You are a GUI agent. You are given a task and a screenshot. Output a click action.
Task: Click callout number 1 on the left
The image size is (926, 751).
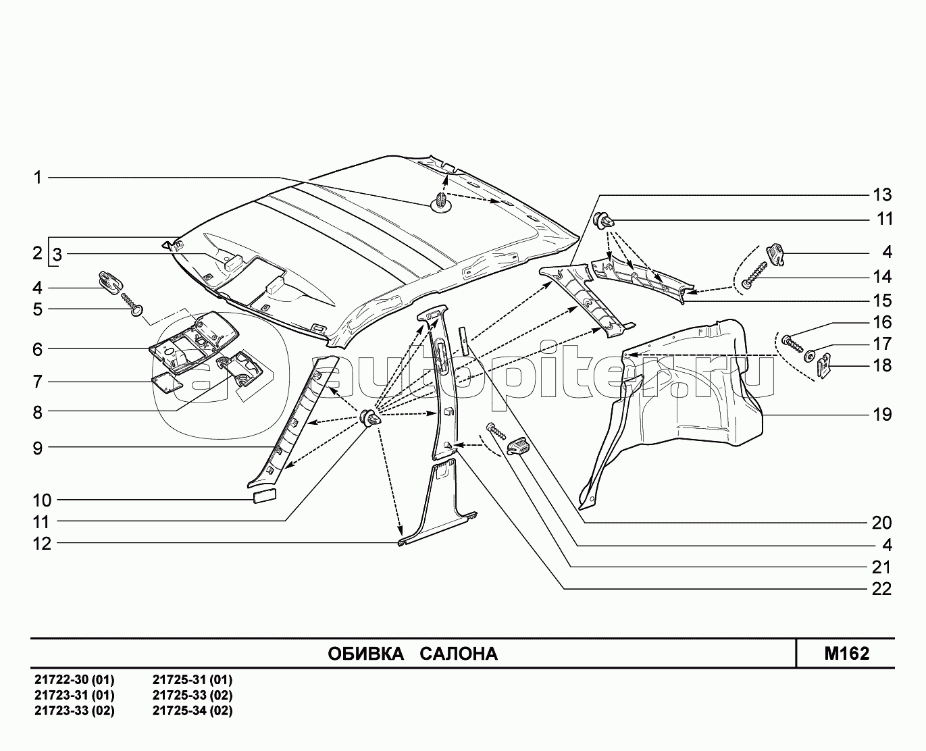[x=38, y=178]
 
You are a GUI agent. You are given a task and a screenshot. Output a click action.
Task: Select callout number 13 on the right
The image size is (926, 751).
[x=882, y=195]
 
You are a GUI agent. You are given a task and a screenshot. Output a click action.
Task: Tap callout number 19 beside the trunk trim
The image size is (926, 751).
[x=882, y=414]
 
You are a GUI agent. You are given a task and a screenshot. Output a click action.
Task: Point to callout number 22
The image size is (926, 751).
[x=882, y=589]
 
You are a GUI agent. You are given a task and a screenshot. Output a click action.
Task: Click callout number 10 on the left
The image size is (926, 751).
[x=42, y=500]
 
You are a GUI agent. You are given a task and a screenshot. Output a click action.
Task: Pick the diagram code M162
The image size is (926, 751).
[x=846, y=654]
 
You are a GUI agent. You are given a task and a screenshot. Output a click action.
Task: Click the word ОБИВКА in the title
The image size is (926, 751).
[x=365, y=654]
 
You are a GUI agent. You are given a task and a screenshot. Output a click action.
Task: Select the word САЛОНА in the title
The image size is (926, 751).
[x=459, y=654]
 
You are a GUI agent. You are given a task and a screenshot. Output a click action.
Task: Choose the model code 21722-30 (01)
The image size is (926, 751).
[x=74, y=679]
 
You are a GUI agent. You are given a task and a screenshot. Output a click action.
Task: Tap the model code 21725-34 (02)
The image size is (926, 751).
[x=192, y=710]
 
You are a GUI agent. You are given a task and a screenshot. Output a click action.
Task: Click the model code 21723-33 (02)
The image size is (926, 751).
[x=74, y=710]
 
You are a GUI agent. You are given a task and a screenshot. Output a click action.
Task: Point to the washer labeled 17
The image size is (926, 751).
[x=809, y=353]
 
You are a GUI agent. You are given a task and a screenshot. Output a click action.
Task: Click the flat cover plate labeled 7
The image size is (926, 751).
[x=164, y=382]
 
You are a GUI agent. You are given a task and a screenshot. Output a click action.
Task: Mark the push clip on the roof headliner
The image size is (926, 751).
[x=440, y=201]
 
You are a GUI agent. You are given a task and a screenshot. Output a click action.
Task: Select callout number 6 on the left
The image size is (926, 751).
[x=38, y=349]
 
